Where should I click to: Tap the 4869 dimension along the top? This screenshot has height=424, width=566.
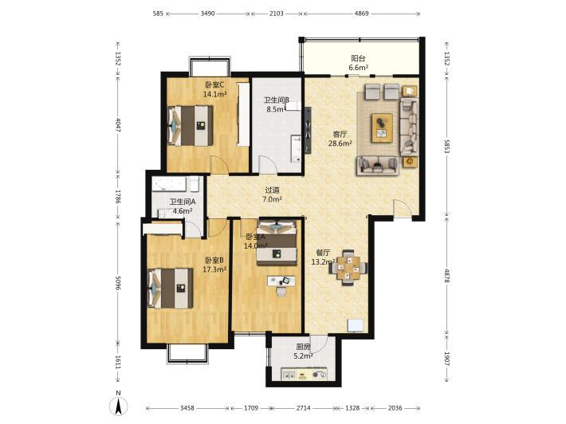coord(361,14)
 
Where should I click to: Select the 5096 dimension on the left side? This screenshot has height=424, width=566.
coord(118,284)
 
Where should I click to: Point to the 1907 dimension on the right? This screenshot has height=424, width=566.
coord(447,359)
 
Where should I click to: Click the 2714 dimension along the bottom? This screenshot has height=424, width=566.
coord(303,408)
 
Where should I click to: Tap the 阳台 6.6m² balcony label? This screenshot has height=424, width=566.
coord(358,63)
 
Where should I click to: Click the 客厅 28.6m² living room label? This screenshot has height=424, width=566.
coord(340,139)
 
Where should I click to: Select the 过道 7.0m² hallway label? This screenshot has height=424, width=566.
coord(272,194)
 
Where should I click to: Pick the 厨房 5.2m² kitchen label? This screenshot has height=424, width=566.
coord(303,351)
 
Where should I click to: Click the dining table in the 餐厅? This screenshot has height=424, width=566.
coord(348,268)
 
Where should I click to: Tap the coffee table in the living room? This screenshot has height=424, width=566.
coord(383,128)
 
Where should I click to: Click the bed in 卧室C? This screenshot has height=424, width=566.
coord(190,126)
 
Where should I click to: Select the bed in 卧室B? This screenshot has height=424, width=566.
coord(170,288)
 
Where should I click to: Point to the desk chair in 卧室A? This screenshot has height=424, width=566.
coord(281,291)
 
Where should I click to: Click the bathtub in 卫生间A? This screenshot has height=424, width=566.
coord(169,184)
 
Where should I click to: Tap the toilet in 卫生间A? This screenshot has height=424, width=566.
coord(195,184)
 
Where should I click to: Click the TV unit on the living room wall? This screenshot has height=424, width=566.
coord(308,130)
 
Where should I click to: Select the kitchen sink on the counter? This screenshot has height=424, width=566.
coord(289,375)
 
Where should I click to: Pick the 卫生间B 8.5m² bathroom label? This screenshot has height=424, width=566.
coord(277,104)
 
